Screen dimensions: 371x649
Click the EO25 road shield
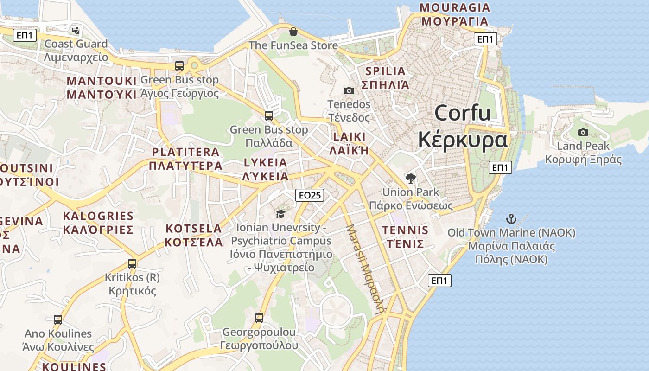coord(310,195)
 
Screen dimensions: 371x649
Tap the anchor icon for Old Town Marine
coord(511,219)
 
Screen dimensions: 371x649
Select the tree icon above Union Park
coord(410,178)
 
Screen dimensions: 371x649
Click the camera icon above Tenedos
coord(349,90)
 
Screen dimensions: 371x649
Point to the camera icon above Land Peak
coord(583,133)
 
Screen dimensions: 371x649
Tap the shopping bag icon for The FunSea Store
coord(293,32)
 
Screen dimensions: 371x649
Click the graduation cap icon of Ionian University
coord(280,213)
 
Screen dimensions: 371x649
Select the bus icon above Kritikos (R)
coord(132,264)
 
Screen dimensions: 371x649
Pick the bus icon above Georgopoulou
coord(259,318)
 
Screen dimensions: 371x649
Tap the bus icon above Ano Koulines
coord(58,320)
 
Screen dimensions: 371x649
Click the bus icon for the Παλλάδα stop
coord(269,116)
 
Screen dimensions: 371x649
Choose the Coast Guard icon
coord(76,31)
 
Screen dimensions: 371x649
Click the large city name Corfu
coord(462,113)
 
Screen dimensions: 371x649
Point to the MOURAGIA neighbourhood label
coord(454,7)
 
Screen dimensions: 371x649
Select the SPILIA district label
coord(385,71)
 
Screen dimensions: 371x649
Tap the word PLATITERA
coord(185,152)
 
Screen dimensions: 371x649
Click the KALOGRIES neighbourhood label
coord(98,216)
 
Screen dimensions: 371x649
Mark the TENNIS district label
coord(405,230)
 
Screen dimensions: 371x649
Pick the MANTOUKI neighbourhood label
coord(102,81)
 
